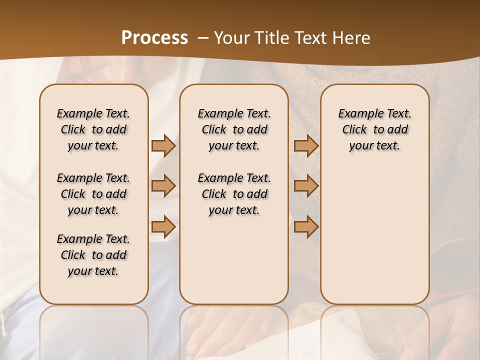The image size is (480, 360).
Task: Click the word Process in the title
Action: pos(154,37)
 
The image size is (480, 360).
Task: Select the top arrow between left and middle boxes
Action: pos(163,145)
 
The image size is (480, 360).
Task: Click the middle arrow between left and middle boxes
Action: pos(163,186)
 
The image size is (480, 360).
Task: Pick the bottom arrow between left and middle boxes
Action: pos(163,227)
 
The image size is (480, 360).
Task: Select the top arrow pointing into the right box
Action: pos(306,145)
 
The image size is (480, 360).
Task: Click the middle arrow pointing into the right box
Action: pos(306,186)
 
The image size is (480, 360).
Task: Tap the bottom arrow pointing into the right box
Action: pos(306,227)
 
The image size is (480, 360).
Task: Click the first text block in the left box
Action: pos(93,129)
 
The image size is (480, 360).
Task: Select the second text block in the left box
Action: pos(93,194)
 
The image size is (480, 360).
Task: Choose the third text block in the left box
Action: pos(93,255)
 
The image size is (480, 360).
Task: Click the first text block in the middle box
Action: pos(234,129)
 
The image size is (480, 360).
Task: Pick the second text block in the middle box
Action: pos(234,194)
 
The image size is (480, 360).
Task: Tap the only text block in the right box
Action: pos(374,129)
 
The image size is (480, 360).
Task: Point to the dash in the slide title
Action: pos(203,38)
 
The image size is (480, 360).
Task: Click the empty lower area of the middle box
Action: pos(234,260)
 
